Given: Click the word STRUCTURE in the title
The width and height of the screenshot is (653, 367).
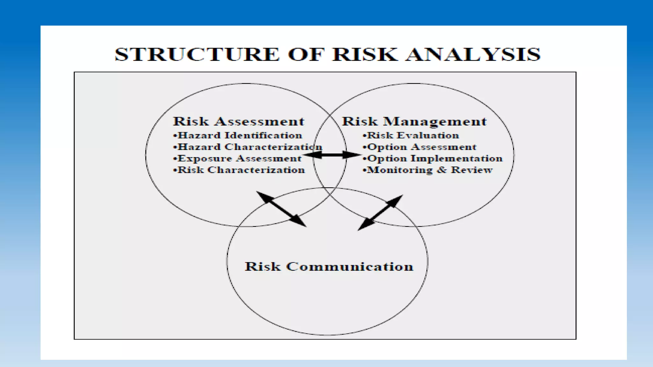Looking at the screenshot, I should point(197,54).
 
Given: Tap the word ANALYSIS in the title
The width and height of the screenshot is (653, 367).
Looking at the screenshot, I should point(473,54).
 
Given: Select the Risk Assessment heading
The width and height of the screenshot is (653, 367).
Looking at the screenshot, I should point(238,121).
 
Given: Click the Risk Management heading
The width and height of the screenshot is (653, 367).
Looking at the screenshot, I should point(414,121).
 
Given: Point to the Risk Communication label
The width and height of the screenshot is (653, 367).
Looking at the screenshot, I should point(329,266).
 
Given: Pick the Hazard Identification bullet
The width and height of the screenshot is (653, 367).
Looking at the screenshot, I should point(238,135).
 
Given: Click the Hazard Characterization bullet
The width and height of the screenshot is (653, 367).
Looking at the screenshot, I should point(248,147).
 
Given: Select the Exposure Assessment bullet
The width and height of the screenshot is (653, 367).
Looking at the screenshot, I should point(237,158).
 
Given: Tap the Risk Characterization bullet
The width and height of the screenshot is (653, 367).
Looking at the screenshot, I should point(239,170).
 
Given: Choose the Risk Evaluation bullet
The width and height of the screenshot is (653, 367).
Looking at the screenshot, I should point(411,135).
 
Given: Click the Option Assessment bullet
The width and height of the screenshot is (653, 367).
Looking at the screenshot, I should point(419,147).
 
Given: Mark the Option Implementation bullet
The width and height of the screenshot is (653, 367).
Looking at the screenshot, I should point(432,158).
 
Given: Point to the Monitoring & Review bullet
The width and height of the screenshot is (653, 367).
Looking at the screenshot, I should point(427,170).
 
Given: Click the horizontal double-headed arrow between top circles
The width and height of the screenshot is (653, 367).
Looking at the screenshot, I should point(332,155).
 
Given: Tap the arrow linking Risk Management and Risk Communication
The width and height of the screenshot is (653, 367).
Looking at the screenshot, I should point(380,212).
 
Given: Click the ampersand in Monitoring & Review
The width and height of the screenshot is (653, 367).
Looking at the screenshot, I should point(442,170).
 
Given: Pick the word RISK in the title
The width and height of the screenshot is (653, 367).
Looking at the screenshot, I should point(365,54).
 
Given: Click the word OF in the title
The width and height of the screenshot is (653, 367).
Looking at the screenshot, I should point(306,54).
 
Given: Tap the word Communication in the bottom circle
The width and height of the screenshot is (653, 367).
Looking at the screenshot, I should point(349,266).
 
